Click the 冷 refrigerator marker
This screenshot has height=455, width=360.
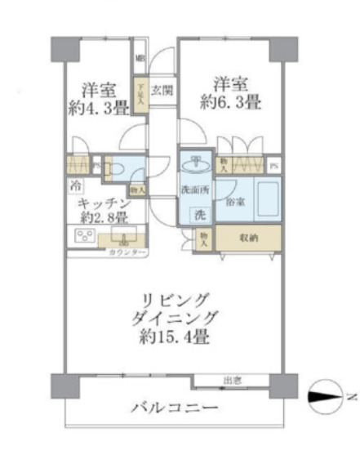76,185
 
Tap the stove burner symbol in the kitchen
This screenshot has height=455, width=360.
83,236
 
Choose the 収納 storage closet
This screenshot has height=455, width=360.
250,238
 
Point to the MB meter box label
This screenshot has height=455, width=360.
140,58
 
